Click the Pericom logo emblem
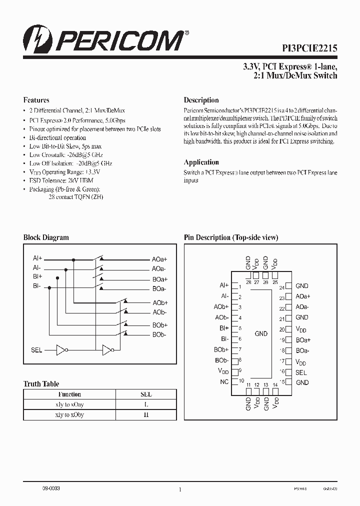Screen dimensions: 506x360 (35, 40)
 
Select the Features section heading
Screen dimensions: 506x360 (36, 100)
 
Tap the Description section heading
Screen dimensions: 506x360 (201, 100)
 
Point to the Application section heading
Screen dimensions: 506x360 (201, 162)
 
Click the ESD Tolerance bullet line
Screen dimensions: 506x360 (61, 180)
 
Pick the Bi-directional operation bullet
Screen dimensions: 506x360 (57, 137)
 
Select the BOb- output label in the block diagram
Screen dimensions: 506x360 (159, 334)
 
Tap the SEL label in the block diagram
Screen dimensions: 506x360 (36, 350)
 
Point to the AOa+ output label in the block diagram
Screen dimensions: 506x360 (160, 259)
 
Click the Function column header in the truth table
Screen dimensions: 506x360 (69, 394)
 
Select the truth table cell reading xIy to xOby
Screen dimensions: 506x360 (69, 414)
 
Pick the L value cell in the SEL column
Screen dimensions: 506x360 (146, 404)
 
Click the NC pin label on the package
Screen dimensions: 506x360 (224, 382)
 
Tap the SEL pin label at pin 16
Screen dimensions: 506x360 (301, 372)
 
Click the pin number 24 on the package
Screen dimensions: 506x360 (281, 287)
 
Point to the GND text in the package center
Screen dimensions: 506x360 (261, 333)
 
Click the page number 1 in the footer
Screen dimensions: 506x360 (180, 490)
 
